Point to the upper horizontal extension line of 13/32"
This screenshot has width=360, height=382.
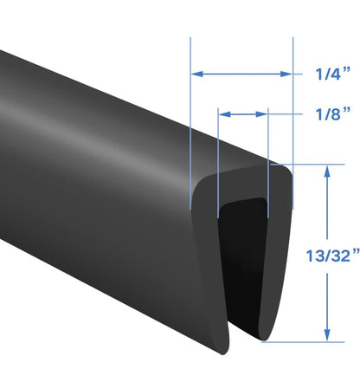pyautogui.click(x=303, y=165)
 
